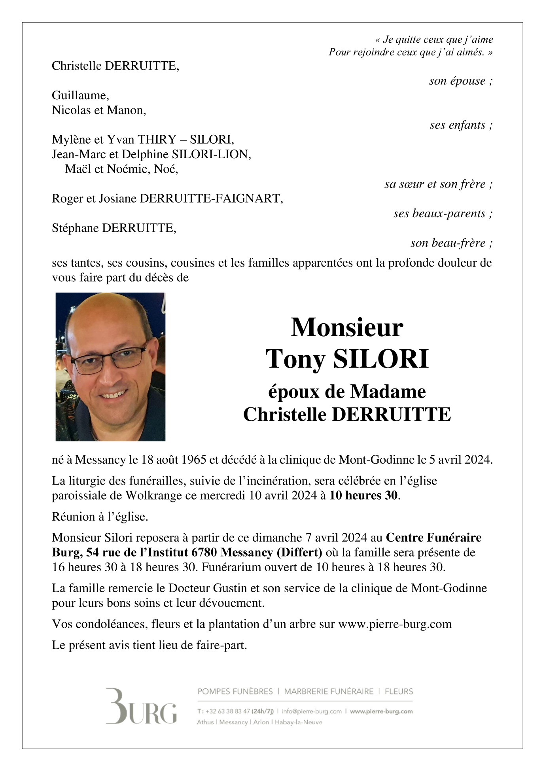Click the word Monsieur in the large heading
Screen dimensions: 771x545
coord(346,328)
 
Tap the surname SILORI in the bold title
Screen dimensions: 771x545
coord(381,359)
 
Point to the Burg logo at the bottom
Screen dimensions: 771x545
coord(141,710)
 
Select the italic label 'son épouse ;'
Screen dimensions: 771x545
coord(461,81)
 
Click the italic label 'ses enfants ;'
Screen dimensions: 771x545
coord(461,125)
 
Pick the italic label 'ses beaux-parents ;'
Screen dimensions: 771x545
coord(443,214)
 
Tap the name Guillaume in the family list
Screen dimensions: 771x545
coord(80,95)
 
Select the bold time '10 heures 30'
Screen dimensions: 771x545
coord(363,495)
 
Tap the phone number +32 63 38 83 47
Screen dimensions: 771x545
coord(227,711)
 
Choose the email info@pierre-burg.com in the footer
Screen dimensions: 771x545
coord(312,711)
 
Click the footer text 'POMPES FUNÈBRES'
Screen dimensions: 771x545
coord(235,691)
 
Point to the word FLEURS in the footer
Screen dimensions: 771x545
coord(399,691)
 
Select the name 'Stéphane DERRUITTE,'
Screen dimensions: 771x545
coord(114,228)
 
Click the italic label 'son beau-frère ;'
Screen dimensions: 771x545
coord(451,243)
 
